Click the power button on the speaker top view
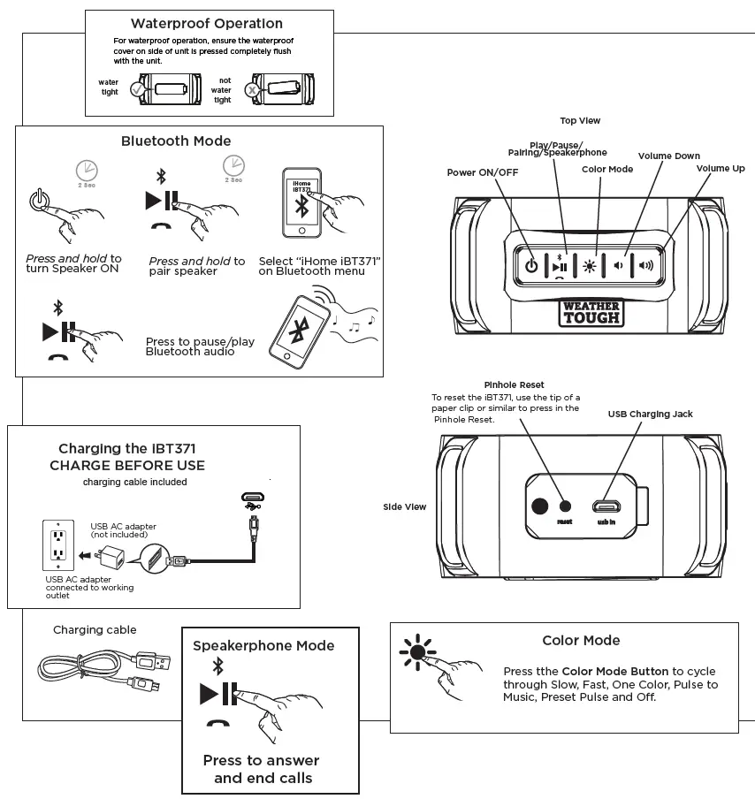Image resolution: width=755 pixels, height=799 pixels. pyautogui.click(x=531, y=265)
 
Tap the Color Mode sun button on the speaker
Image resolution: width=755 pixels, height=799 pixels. pyautogui.click(x=590, y=265)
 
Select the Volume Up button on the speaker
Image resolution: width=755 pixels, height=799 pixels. pyautogui.click(x=646, y=265)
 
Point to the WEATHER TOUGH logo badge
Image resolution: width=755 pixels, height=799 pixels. pyautogui.click(x=591, y=312)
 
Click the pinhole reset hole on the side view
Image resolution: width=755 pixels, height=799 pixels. pyautogui.click(x=566, y=506)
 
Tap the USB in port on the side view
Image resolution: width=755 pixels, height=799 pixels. pyautogui.click(x=606, y=506)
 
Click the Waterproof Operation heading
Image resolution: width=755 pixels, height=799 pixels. pyautogui.click(x=207, y=24)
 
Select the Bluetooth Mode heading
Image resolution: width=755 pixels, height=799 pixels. pyautogui.click(x=176, y=141)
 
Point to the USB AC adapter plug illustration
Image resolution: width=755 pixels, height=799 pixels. pyautogui.click(x=112, y=556)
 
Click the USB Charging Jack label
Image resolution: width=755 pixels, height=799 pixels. pyautogui.click(x=650, y=414)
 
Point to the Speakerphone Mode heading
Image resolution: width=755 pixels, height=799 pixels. pyautogui.click(x=263, y=646)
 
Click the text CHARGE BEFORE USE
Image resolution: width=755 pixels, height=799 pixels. pyautogui.click(x=127, y=466)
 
